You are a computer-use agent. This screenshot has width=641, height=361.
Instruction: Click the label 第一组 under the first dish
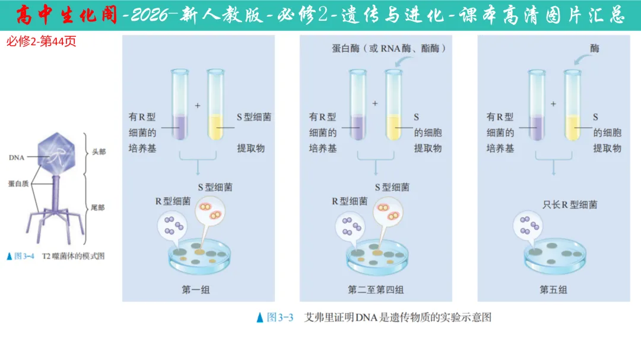(195, 290)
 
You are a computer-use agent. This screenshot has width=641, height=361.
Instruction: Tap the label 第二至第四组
(376, 290)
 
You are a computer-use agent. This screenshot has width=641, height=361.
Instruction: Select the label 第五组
(553, 290)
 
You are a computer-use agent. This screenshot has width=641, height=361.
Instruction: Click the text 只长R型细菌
(570, 205)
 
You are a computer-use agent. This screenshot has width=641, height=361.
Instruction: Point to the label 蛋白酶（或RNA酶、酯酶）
(389, 48)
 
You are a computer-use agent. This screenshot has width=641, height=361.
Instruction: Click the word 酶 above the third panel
(595, 48)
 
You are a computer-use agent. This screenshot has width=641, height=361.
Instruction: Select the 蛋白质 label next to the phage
(19, 184)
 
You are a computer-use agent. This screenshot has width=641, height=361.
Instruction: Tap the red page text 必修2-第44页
(41, 42)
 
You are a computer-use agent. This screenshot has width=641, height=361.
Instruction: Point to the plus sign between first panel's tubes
(198, 105)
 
